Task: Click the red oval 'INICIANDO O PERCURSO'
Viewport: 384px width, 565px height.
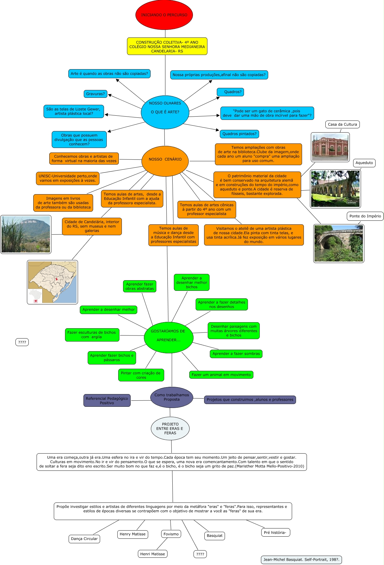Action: [164, 15]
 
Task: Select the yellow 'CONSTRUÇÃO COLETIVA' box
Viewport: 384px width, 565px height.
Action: [167, 47]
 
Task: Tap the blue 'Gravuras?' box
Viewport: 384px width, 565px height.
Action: [95, 94]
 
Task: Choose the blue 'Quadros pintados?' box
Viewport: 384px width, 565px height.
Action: [239, 134]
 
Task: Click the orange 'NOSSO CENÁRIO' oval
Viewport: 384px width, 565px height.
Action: [165, 159]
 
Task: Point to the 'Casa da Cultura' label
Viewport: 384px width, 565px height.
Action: [342, 124]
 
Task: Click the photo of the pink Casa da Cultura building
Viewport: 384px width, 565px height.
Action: [330, 147]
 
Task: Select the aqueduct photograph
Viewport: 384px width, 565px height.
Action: [335, 189]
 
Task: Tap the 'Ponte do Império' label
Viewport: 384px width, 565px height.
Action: [365, 216]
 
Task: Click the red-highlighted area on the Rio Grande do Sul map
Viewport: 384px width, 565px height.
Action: [56, 279]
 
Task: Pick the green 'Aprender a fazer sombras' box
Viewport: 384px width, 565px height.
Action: [236, 354]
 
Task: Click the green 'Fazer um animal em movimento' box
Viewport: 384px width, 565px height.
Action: [221, 375]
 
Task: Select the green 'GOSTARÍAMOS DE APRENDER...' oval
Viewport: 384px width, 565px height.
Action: [168, 336]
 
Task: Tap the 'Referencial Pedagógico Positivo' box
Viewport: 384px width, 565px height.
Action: [107, 401]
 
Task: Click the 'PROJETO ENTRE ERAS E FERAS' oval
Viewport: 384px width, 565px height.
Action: [170, 429]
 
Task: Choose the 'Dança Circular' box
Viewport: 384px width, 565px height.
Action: [84, 539]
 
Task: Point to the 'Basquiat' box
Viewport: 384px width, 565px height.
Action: [214, 536]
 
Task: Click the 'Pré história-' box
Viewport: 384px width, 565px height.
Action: [275, 532]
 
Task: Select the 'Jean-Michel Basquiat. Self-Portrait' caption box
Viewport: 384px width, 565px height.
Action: [301, 560]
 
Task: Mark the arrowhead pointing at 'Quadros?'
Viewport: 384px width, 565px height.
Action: [218, 98]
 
